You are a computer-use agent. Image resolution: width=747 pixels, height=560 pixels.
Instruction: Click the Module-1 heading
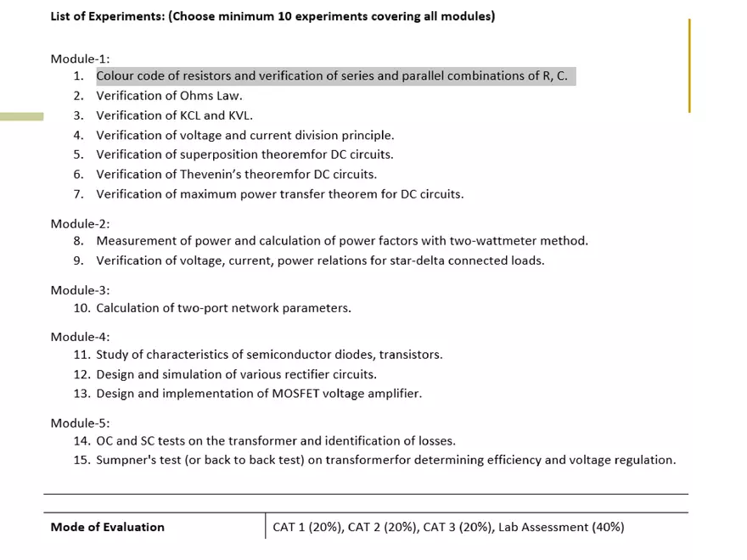point(80,59)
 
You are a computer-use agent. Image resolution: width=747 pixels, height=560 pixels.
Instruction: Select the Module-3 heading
point(80,290)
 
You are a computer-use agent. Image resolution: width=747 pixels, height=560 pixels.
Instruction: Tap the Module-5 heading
point(80,423)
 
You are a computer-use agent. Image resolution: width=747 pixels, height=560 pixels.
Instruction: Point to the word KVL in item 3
point(239,115)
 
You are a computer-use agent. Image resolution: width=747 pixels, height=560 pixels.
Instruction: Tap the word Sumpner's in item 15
point(126,461)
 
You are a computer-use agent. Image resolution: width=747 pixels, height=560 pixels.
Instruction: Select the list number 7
point(78,194)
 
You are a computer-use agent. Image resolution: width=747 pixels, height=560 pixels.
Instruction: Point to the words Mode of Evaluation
point(108,527)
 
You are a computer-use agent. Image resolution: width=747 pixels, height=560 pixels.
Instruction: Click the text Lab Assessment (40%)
point(561,527)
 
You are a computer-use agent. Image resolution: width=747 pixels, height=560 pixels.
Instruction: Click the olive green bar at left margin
point(21,116)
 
